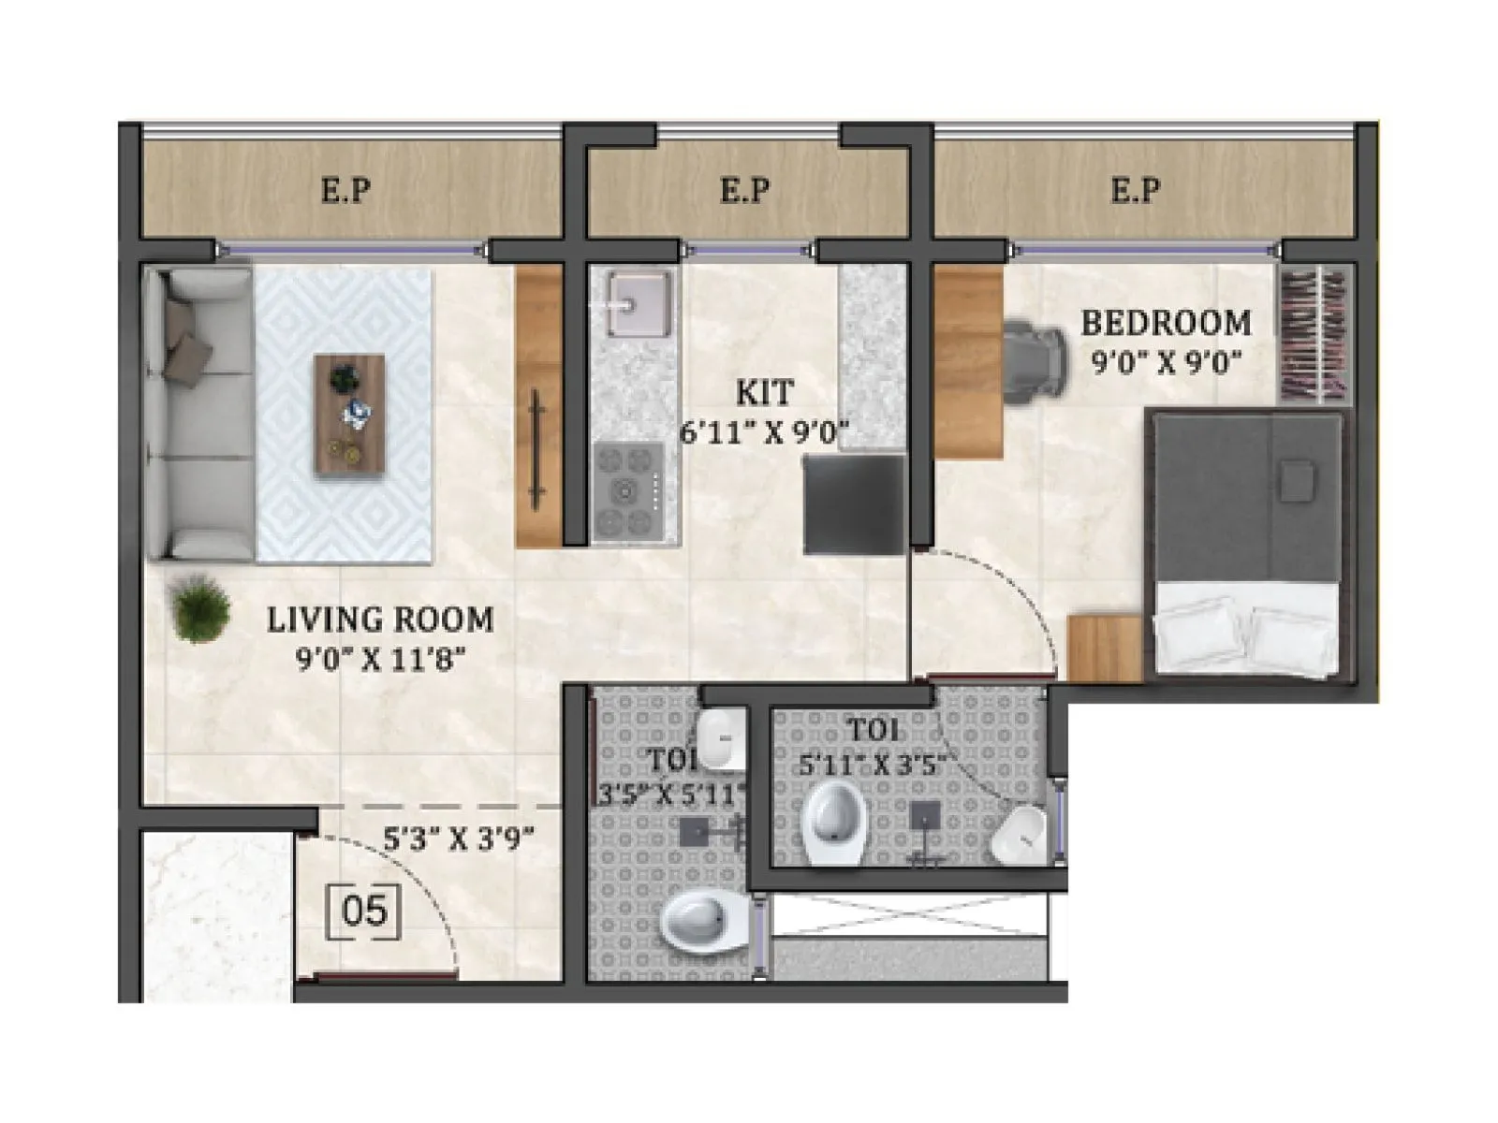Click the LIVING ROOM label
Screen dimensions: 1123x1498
[380, 620]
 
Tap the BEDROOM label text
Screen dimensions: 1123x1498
[1166, 324]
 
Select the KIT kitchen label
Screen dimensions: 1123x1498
[764, 393]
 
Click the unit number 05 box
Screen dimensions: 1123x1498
[364, 911]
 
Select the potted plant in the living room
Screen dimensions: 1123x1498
[199, 609]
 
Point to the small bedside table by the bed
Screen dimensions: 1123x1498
[1106, 649]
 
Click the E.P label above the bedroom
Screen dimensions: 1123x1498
[1136, 191]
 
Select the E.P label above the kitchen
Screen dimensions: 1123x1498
[745, 191]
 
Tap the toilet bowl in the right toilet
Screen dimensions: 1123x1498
[833, 820]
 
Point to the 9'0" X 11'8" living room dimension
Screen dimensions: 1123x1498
[380, 660]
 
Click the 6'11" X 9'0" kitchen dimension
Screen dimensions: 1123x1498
[764, 433]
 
